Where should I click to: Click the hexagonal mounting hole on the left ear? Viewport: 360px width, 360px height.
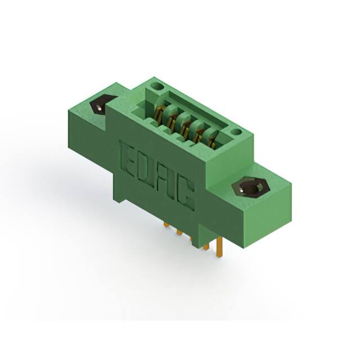coord(99,105)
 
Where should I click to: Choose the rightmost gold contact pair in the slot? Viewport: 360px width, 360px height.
coord(213,139)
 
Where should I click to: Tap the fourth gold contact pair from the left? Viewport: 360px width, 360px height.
coord(200,133)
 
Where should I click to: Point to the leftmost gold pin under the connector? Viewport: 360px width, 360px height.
coord(166,226)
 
